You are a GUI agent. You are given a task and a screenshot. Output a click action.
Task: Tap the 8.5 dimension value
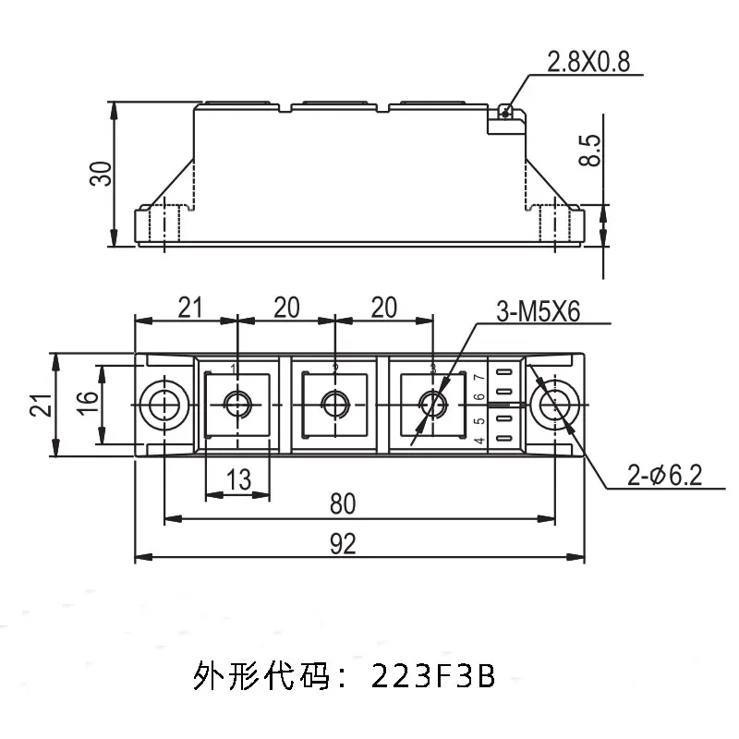590,150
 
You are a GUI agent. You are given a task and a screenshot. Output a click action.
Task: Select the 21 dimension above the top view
189,308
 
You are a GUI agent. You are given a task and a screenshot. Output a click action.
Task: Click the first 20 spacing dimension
286,308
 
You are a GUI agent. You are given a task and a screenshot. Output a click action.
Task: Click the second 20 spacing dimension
382,308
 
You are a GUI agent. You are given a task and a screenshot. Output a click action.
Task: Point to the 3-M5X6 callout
537,312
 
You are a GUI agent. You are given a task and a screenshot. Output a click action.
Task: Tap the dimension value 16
84,404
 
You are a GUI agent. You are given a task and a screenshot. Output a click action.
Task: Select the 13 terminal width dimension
237,479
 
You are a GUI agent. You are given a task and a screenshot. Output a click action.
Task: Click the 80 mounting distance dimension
342,505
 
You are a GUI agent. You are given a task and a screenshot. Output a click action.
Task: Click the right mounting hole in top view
554,405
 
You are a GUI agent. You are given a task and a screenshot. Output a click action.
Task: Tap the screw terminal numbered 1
237,405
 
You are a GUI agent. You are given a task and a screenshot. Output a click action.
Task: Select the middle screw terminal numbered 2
333,405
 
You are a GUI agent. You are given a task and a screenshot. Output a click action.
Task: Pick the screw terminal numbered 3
430,405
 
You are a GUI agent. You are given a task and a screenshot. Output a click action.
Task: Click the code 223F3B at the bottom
433,678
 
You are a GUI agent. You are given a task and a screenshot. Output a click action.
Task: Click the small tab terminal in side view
504,112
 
